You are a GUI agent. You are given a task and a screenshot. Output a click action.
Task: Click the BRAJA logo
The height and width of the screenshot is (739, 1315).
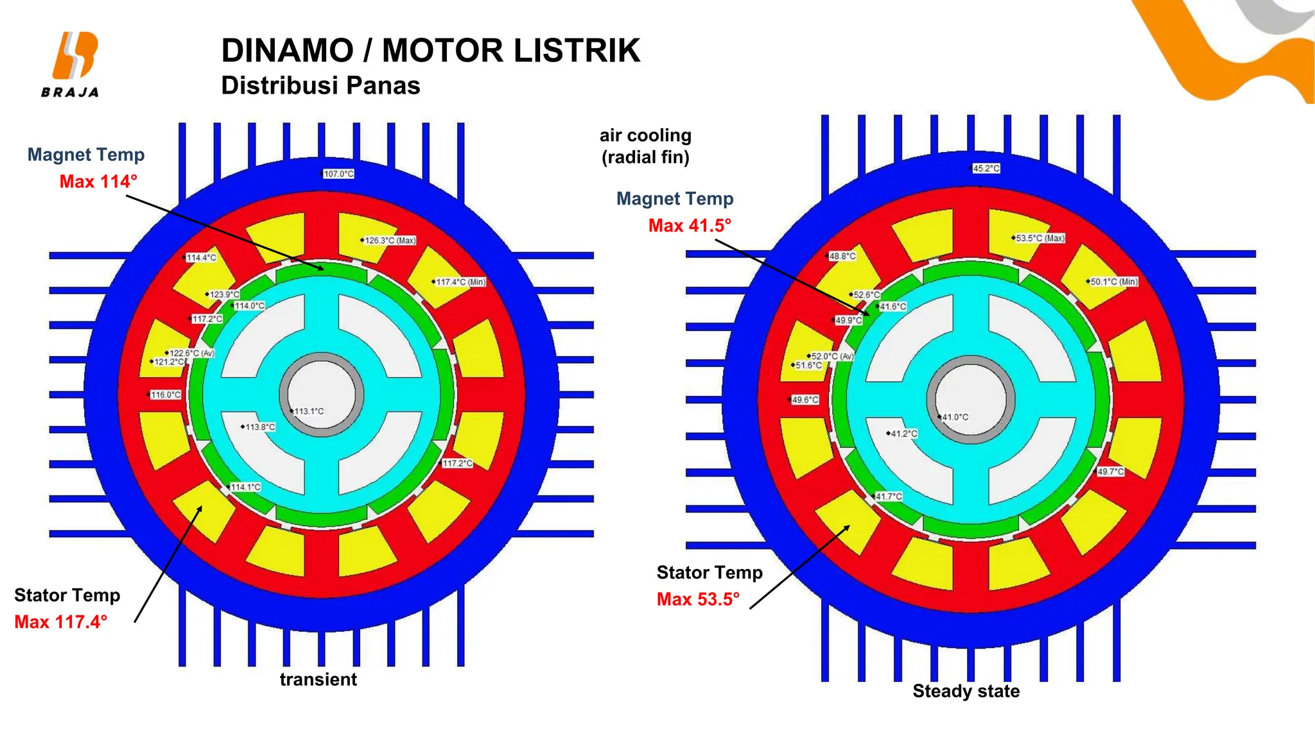(71, 64)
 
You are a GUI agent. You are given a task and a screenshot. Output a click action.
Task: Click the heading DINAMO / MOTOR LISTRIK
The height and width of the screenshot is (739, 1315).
(430, 51)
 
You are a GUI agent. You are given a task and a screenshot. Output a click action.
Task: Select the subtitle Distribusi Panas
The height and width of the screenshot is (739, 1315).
(320, 86)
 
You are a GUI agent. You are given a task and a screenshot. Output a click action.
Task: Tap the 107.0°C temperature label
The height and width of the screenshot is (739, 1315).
(338, 174)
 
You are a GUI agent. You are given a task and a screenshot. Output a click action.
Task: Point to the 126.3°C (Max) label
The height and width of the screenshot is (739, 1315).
(390, 241)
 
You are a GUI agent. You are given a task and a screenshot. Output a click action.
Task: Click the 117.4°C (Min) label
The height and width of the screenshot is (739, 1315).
(460, 282)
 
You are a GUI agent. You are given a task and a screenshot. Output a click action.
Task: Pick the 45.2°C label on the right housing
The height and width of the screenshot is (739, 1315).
(986, 169)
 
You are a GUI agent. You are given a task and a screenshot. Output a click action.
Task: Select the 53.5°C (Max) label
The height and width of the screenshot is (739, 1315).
(1040, 238)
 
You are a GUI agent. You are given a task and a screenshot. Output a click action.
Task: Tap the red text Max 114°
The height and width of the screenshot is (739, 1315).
(98, 182)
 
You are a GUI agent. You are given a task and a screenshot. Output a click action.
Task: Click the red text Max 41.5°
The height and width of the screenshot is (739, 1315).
(690, 226)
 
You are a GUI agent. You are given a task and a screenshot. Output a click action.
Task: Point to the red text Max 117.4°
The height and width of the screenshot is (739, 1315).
(60, 622)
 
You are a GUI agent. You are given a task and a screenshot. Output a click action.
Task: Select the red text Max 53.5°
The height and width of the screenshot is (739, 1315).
(698, 599)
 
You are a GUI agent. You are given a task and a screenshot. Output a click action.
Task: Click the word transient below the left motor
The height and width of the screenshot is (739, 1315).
(318, 679)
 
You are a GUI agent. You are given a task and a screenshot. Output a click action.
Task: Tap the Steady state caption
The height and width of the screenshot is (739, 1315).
(966, 691)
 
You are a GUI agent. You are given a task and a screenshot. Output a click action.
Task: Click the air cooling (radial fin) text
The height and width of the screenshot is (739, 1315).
(645, 146)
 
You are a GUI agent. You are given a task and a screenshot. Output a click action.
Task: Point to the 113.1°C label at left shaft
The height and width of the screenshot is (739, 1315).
(309, 411)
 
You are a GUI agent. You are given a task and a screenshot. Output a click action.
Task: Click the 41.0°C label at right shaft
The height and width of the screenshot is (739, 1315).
(955, 417)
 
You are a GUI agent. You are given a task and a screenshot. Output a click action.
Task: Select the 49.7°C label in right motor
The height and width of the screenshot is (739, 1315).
(1110, 471)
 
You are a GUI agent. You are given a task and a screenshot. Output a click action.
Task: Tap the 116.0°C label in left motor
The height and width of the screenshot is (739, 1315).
(166, 395)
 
